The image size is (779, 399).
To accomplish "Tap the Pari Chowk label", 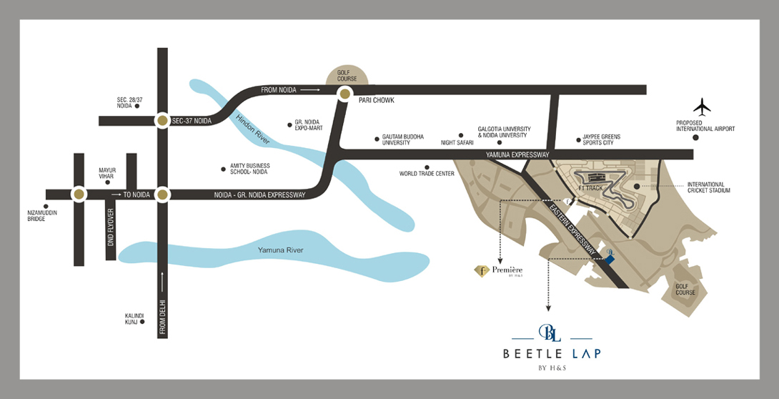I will point(376,101).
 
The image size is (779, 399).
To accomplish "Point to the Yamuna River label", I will point(281,250).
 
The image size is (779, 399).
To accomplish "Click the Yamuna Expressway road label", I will point(517,154).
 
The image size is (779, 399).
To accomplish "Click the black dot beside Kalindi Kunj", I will point(143,322).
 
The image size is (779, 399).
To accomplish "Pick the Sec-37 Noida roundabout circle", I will point(162,121).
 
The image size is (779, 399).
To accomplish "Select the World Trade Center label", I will point(427,174).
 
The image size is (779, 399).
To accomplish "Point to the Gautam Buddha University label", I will point(403,140).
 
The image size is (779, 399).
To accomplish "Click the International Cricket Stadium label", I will point(710,188).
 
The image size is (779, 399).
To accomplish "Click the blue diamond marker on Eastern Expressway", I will point(610,260).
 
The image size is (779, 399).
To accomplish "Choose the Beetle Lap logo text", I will point(552,353).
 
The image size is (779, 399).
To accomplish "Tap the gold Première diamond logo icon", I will point(482,271).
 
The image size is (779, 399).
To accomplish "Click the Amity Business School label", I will point(249,169).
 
